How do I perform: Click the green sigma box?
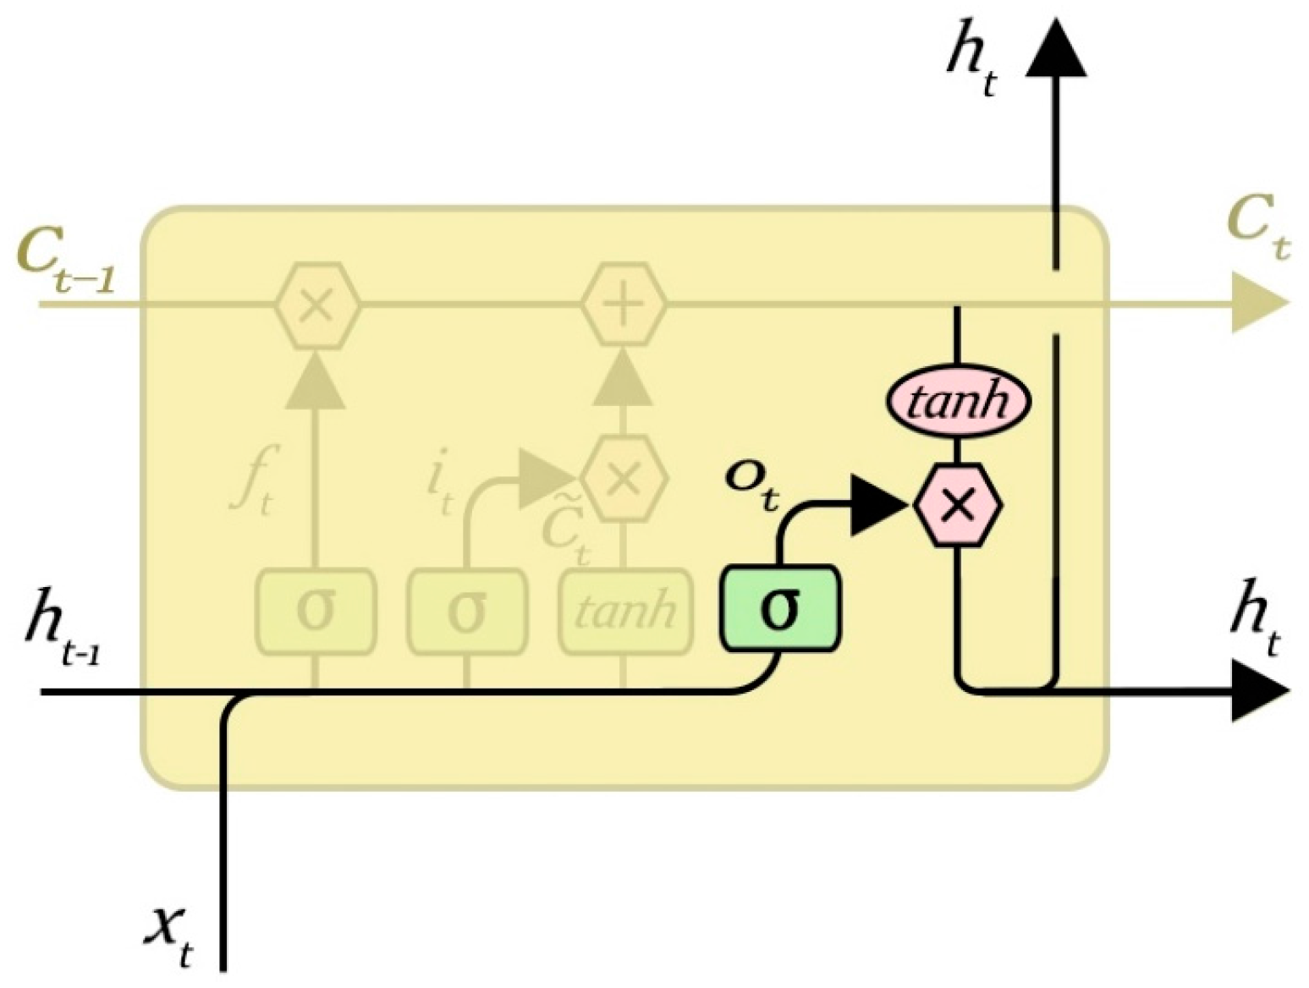[780, 609]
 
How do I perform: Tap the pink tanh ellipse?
[958, 400]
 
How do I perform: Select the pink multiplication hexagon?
[958, 505]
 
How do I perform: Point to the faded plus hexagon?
[624, 305]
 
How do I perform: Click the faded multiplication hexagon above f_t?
[316, 305]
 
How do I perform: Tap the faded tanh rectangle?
[624, 611]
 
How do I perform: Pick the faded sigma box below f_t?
[316, 611]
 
